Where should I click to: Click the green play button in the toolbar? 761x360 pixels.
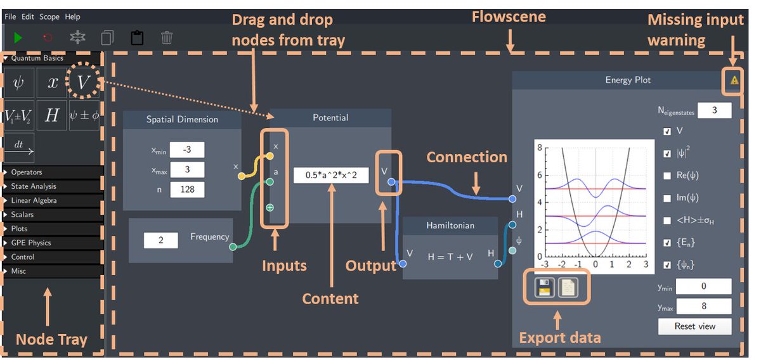click(x=18, y=38)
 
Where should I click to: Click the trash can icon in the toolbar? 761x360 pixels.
click(x=167, y=38)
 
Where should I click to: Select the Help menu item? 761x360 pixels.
click(x=73, y=16)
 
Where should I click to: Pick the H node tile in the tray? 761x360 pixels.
click(x=52, y=115)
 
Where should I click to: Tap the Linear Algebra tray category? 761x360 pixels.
click(x=34, y=200)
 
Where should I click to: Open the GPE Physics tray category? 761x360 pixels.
click(x=31, y=243)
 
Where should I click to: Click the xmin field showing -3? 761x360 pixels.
click(x=187, y=150)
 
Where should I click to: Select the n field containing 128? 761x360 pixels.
click(x=187, y=189)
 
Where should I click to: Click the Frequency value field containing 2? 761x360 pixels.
click(x=161, y=240)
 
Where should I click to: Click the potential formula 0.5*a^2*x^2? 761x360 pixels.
click(x=331, y=175)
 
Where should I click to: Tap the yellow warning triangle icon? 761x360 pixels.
click(x=734, y=80)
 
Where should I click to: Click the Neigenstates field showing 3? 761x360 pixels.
click(x=714, y=110)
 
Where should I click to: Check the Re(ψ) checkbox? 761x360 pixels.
click(x=667, y=176)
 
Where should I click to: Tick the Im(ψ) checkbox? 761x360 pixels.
click(x=667, y=198)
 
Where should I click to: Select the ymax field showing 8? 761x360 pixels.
click(x=703, y=307)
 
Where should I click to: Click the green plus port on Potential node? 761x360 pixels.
click(x=270, y=207)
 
